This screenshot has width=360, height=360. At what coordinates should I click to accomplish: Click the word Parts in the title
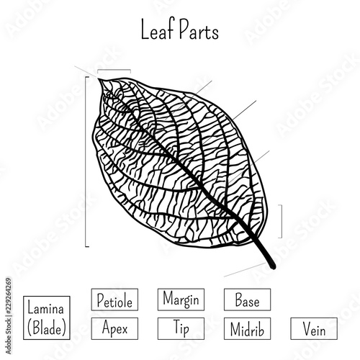coord(199,30)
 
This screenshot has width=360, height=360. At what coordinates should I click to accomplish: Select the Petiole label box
coord(114,300)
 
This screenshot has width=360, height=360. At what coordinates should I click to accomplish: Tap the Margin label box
coord(181,300)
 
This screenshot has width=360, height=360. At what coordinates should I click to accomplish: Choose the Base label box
coord(248,300)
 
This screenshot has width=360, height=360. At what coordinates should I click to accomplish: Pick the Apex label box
coord(114,328)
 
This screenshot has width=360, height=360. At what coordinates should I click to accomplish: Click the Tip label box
coord(181,328)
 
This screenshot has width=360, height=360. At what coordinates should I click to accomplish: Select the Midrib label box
coord(248,328)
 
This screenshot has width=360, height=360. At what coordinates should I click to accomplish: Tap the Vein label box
coord(314,328)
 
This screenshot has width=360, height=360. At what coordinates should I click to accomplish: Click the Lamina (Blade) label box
coord(47,318)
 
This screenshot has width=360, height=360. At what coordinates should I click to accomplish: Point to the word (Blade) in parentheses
coord(47,328)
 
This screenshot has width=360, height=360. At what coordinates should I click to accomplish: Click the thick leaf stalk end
coord(273,266)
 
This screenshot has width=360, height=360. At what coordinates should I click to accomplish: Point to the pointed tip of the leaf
coord(99,79)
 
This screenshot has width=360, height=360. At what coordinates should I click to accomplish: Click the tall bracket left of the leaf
coord(86,161)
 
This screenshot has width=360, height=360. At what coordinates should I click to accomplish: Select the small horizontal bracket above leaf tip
coord(114,70)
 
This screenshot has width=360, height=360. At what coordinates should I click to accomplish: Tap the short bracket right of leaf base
coord(282,221)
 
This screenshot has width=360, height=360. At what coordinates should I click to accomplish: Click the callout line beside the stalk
coord(245,270)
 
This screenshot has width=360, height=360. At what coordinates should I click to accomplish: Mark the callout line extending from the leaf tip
coord(86,72)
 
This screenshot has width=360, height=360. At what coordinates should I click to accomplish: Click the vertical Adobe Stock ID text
coord(9,316)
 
